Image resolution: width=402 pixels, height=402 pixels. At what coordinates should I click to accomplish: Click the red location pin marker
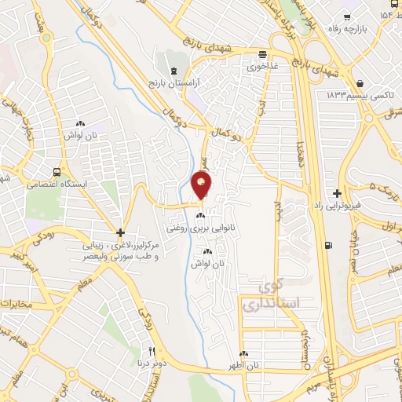click(x=202, y=185)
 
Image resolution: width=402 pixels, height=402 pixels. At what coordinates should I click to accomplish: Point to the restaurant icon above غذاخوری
click(x=263, y=54)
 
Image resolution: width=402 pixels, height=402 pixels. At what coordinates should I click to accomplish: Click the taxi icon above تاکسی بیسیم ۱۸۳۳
click(x=359, y=83)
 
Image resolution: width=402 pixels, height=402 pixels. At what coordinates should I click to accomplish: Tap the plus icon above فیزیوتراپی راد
click(x=338, y=193)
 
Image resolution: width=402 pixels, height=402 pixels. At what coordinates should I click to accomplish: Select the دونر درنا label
click(x=152, y=363)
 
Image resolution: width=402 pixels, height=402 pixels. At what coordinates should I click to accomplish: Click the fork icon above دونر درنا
click(x=152, y=350)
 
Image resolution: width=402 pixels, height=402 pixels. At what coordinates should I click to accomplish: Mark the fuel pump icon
click(x=327, y=245)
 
